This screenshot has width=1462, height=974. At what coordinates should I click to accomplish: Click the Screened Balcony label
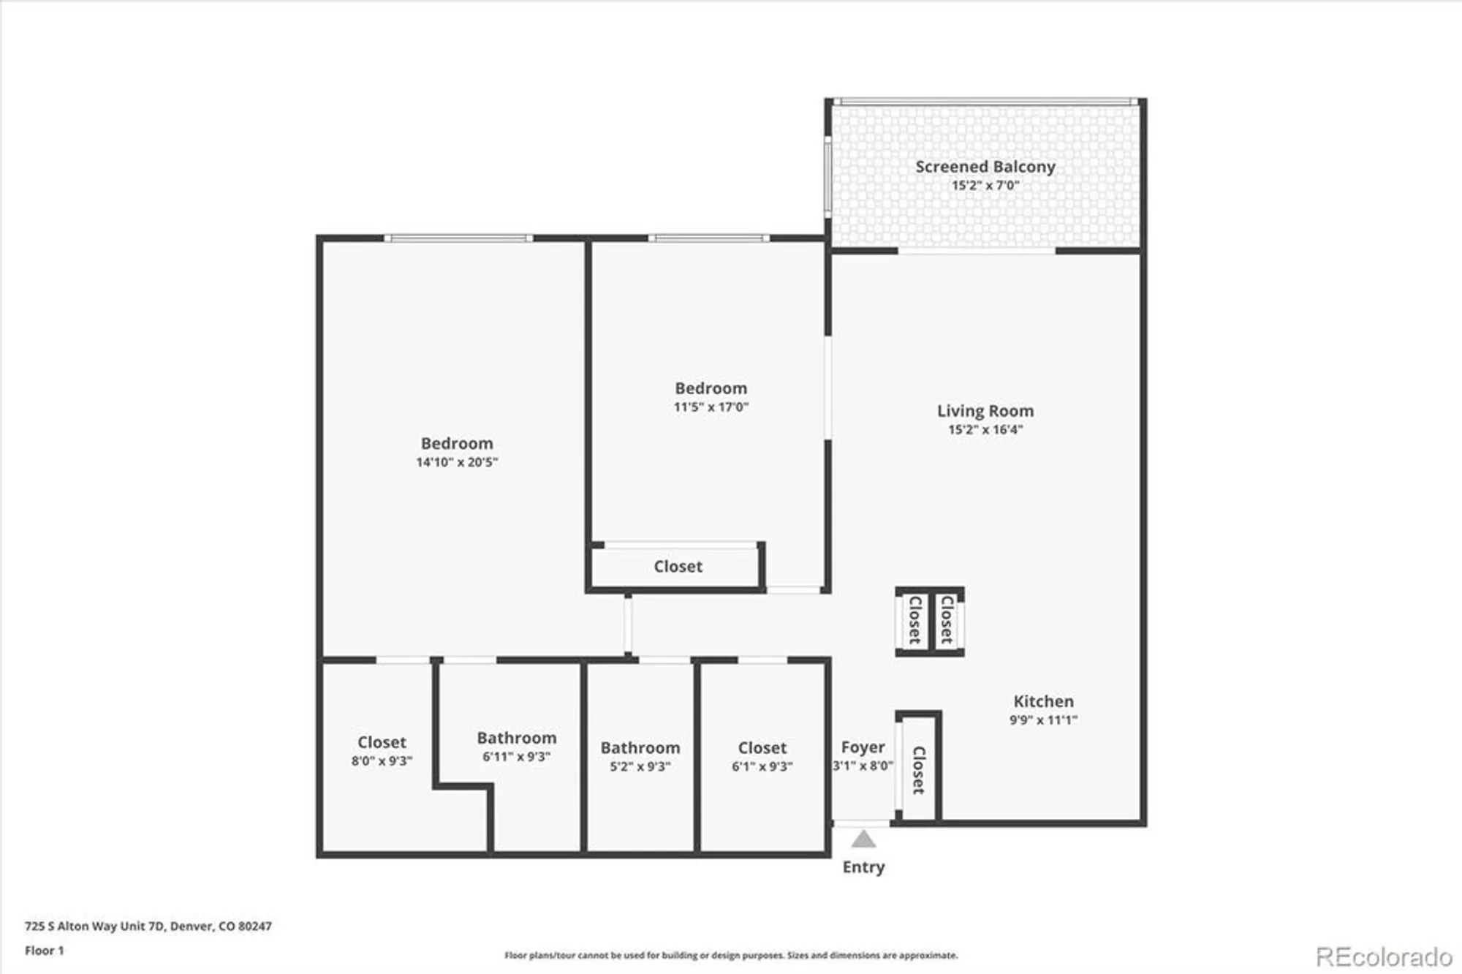pyautogui.click(x=985, y=167)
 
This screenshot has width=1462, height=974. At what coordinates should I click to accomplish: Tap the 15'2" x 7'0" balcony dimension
pyautogui.click(x=985, y=186)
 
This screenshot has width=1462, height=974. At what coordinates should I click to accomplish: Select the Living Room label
pyautogui.click(x=985, y=411)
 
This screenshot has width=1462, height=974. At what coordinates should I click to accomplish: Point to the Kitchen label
pyautogui.click(x=1043, y=701)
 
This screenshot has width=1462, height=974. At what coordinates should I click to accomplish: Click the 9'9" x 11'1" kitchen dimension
pyautogui.click(x=1043, y=720)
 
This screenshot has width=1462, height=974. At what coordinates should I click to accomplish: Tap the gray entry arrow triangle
pyautogui.click(x=863, y=839)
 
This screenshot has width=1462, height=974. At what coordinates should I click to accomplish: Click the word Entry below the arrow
pyautogui.click(x=863, y=867)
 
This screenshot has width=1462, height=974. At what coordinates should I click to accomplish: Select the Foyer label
pyautogui.click(x=863, y=747)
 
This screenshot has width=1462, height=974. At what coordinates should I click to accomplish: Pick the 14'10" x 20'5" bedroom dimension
pyautogui.click(x=457, y=462)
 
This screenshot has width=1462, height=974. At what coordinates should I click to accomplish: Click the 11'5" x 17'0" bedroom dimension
pyautogui.click(x=711, y=407)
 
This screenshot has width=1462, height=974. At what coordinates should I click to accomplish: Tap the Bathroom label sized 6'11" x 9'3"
pyautogui.click(x=516, y=738)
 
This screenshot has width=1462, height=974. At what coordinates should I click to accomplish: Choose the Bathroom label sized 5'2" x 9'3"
pyautogui.click(x=640, y=748)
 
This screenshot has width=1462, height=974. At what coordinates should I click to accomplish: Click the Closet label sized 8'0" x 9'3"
pyautogui.click(x=382, y=742)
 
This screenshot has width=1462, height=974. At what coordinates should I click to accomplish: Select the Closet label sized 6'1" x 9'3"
pyautogui.click(x=762, y=748)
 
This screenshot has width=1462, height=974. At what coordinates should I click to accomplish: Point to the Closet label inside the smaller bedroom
pyautogui.click(x=678, y=567)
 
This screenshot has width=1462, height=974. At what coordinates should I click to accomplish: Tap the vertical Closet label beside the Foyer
pyautogui.click(x=919, y=770)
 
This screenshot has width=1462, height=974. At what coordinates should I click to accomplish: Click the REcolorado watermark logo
pyautogui.click(x=1384, y=956)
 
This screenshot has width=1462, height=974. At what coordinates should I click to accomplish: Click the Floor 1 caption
pyautogui.click(x=44, y=951)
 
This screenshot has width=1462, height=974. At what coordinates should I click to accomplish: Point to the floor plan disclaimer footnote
pyautogui.click(x=731, y=955)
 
